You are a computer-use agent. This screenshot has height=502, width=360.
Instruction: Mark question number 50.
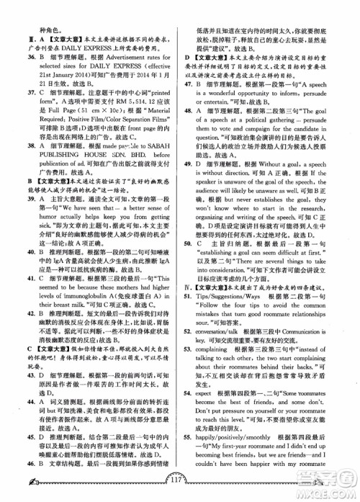(189, 264)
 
